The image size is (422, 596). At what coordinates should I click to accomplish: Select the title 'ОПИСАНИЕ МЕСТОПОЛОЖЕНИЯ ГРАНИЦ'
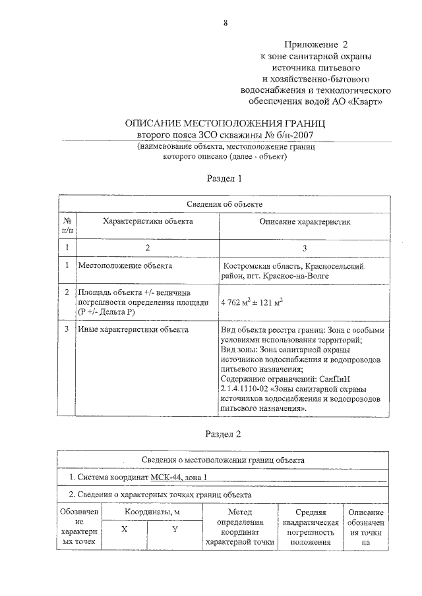225,124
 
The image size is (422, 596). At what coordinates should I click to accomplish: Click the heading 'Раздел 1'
225,178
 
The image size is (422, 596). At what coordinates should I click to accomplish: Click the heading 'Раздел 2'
225,435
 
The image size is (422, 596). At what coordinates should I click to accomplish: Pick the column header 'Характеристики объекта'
148,222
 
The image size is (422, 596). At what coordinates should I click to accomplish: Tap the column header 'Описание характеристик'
305,223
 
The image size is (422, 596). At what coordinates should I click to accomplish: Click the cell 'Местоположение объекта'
125,266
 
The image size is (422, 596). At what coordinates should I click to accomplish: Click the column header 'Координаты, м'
150,512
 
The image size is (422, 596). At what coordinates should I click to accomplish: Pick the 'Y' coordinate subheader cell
174,528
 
